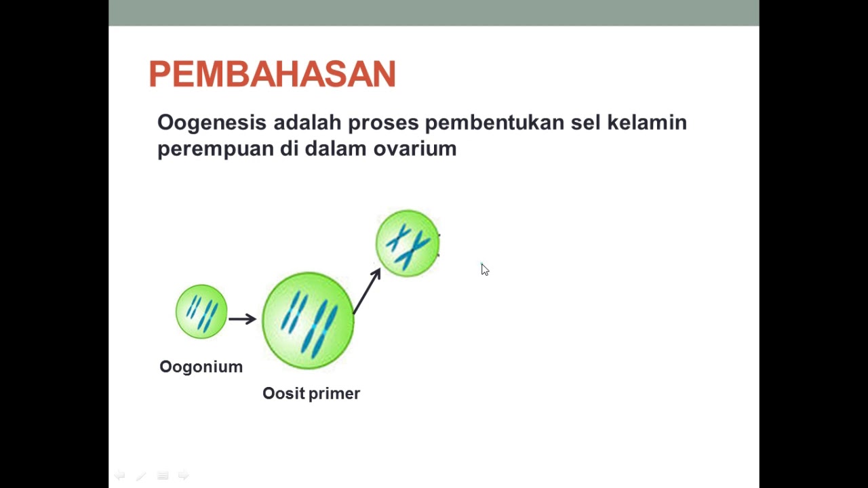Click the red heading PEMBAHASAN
(273, 74)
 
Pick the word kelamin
(647, 123)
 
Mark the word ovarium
(415, 149)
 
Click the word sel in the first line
(585, 123)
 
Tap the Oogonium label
(201, 367)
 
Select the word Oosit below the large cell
(283, 394)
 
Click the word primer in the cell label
(334, 394)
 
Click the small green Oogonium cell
(201, 312)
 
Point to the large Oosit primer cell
(308, 321)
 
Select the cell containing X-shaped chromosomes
(408, 243)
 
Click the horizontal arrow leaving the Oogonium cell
(243, 319)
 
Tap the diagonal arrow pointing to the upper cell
(367, 291)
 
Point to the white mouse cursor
(485, 270)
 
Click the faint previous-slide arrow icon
(120, 475)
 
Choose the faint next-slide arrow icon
(183, 475)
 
